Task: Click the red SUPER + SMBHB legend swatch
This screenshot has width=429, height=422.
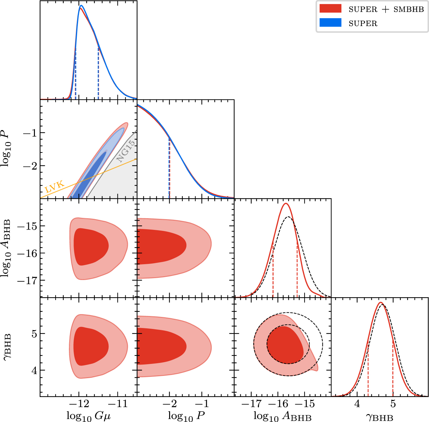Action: point(330,9)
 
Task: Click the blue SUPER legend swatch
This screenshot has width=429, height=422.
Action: point(330,23)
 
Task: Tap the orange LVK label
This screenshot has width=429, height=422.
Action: point(55,187)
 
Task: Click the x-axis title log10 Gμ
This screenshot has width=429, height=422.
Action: point(89,415)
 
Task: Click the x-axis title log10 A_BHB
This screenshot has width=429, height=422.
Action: point(282,416)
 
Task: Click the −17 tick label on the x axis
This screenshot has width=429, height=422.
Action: point(252,404)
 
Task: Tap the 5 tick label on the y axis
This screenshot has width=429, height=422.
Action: point(34,334)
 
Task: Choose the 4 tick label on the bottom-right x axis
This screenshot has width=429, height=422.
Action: point(357,404)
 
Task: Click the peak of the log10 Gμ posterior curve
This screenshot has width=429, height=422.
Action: point(81,6)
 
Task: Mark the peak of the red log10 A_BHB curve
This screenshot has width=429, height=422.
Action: point(286,204)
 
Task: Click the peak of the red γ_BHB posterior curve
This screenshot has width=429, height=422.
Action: point(380,302)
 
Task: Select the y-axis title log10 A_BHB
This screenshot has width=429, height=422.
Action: point(7,248)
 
